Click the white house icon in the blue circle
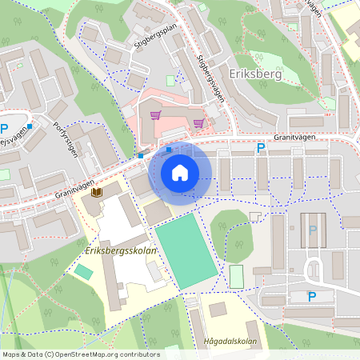(x=180, y=173)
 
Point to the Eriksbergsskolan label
(x=120, y=251)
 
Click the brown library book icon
(x=97, y=193)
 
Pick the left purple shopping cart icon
(x=157, y=116)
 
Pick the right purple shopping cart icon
(x=198, y=122)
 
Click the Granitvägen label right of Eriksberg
(x=309, y=137)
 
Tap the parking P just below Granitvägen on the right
(x=259, y=149)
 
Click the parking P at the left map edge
(x=4, y=128)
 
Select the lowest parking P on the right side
(x=312, y=297)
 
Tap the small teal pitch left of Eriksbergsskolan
(x=83, y=272)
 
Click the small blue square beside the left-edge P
(x=28, y=126)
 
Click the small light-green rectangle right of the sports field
(x=236, y=277)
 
